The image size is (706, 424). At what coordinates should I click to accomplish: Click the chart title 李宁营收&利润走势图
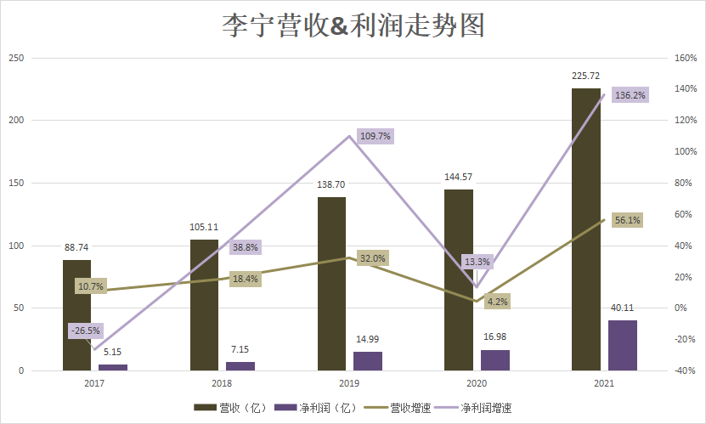tap(353, 25)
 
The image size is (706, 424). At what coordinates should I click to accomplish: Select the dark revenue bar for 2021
tap(586, 229)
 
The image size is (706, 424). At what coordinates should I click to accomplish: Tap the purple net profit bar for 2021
tap(623, 346)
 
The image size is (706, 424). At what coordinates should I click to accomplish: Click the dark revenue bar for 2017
tap(76, 315)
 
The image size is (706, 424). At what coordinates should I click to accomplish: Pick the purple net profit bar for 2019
tap(368, 361)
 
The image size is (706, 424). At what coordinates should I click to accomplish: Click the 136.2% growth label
tap(630, 95)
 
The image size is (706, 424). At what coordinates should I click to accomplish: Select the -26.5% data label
tap(85, 331)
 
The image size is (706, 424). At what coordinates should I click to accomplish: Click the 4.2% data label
tap(497, 301)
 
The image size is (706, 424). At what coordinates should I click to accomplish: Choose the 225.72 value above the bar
tap(586, 76)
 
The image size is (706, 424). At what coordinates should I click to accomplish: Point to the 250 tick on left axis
tap(16, 58)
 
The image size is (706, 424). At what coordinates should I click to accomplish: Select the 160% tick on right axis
tap(685, 58)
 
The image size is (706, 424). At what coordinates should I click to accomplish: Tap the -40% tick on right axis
tap(685, 371)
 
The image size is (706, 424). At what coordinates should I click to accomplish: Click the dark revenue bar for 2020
tap(459, 280)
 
